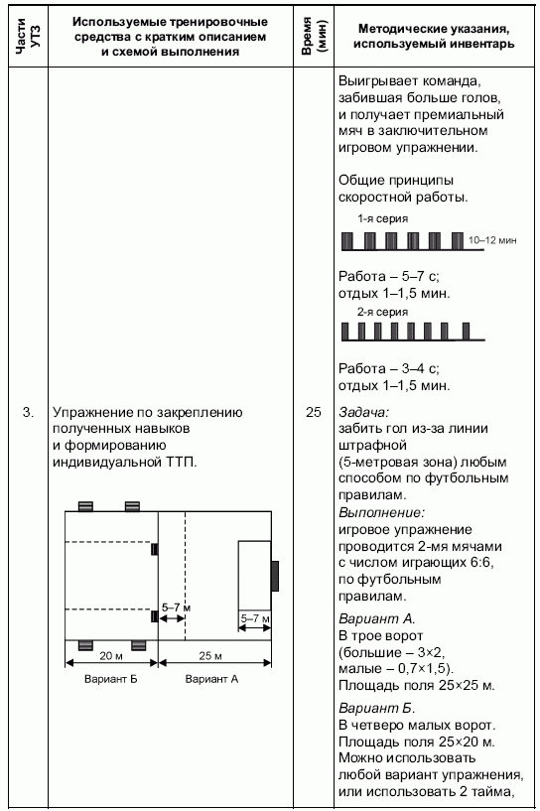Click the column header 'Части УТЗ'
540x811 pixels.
point(28,36)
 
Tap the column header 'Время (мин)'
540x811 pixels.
point(314,36)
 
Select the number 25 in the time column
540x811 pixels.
point(314,412)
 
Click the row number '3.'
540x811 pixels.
point(28,412)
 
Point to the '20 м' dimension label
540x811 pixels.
point(111,656)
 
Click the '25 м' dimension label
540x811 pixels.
point(210,656)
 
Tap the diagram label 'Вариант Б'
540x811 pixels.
point(111,679)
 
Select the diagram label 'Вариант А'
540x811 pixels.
point(211,679)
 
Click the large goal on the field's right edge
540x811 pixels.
point(275,576)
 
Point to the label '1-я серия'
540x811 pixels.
point(383,218)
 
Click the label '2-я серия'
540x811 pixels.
point(383,312)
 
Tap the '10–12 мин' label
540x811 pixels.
point(492,240)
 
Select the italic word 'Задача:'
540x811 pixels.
point(363,412)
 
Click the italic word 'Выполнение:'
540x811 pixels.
point(382,512)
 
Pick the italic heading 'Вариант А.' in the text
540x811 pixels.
point(377,618)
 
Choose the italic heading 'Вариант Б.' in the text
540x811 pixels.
point(377,708)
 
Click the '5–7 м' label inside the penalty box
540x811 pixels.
point(255,618)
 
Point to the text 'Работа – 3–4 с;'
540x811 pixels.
point(389,369)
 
